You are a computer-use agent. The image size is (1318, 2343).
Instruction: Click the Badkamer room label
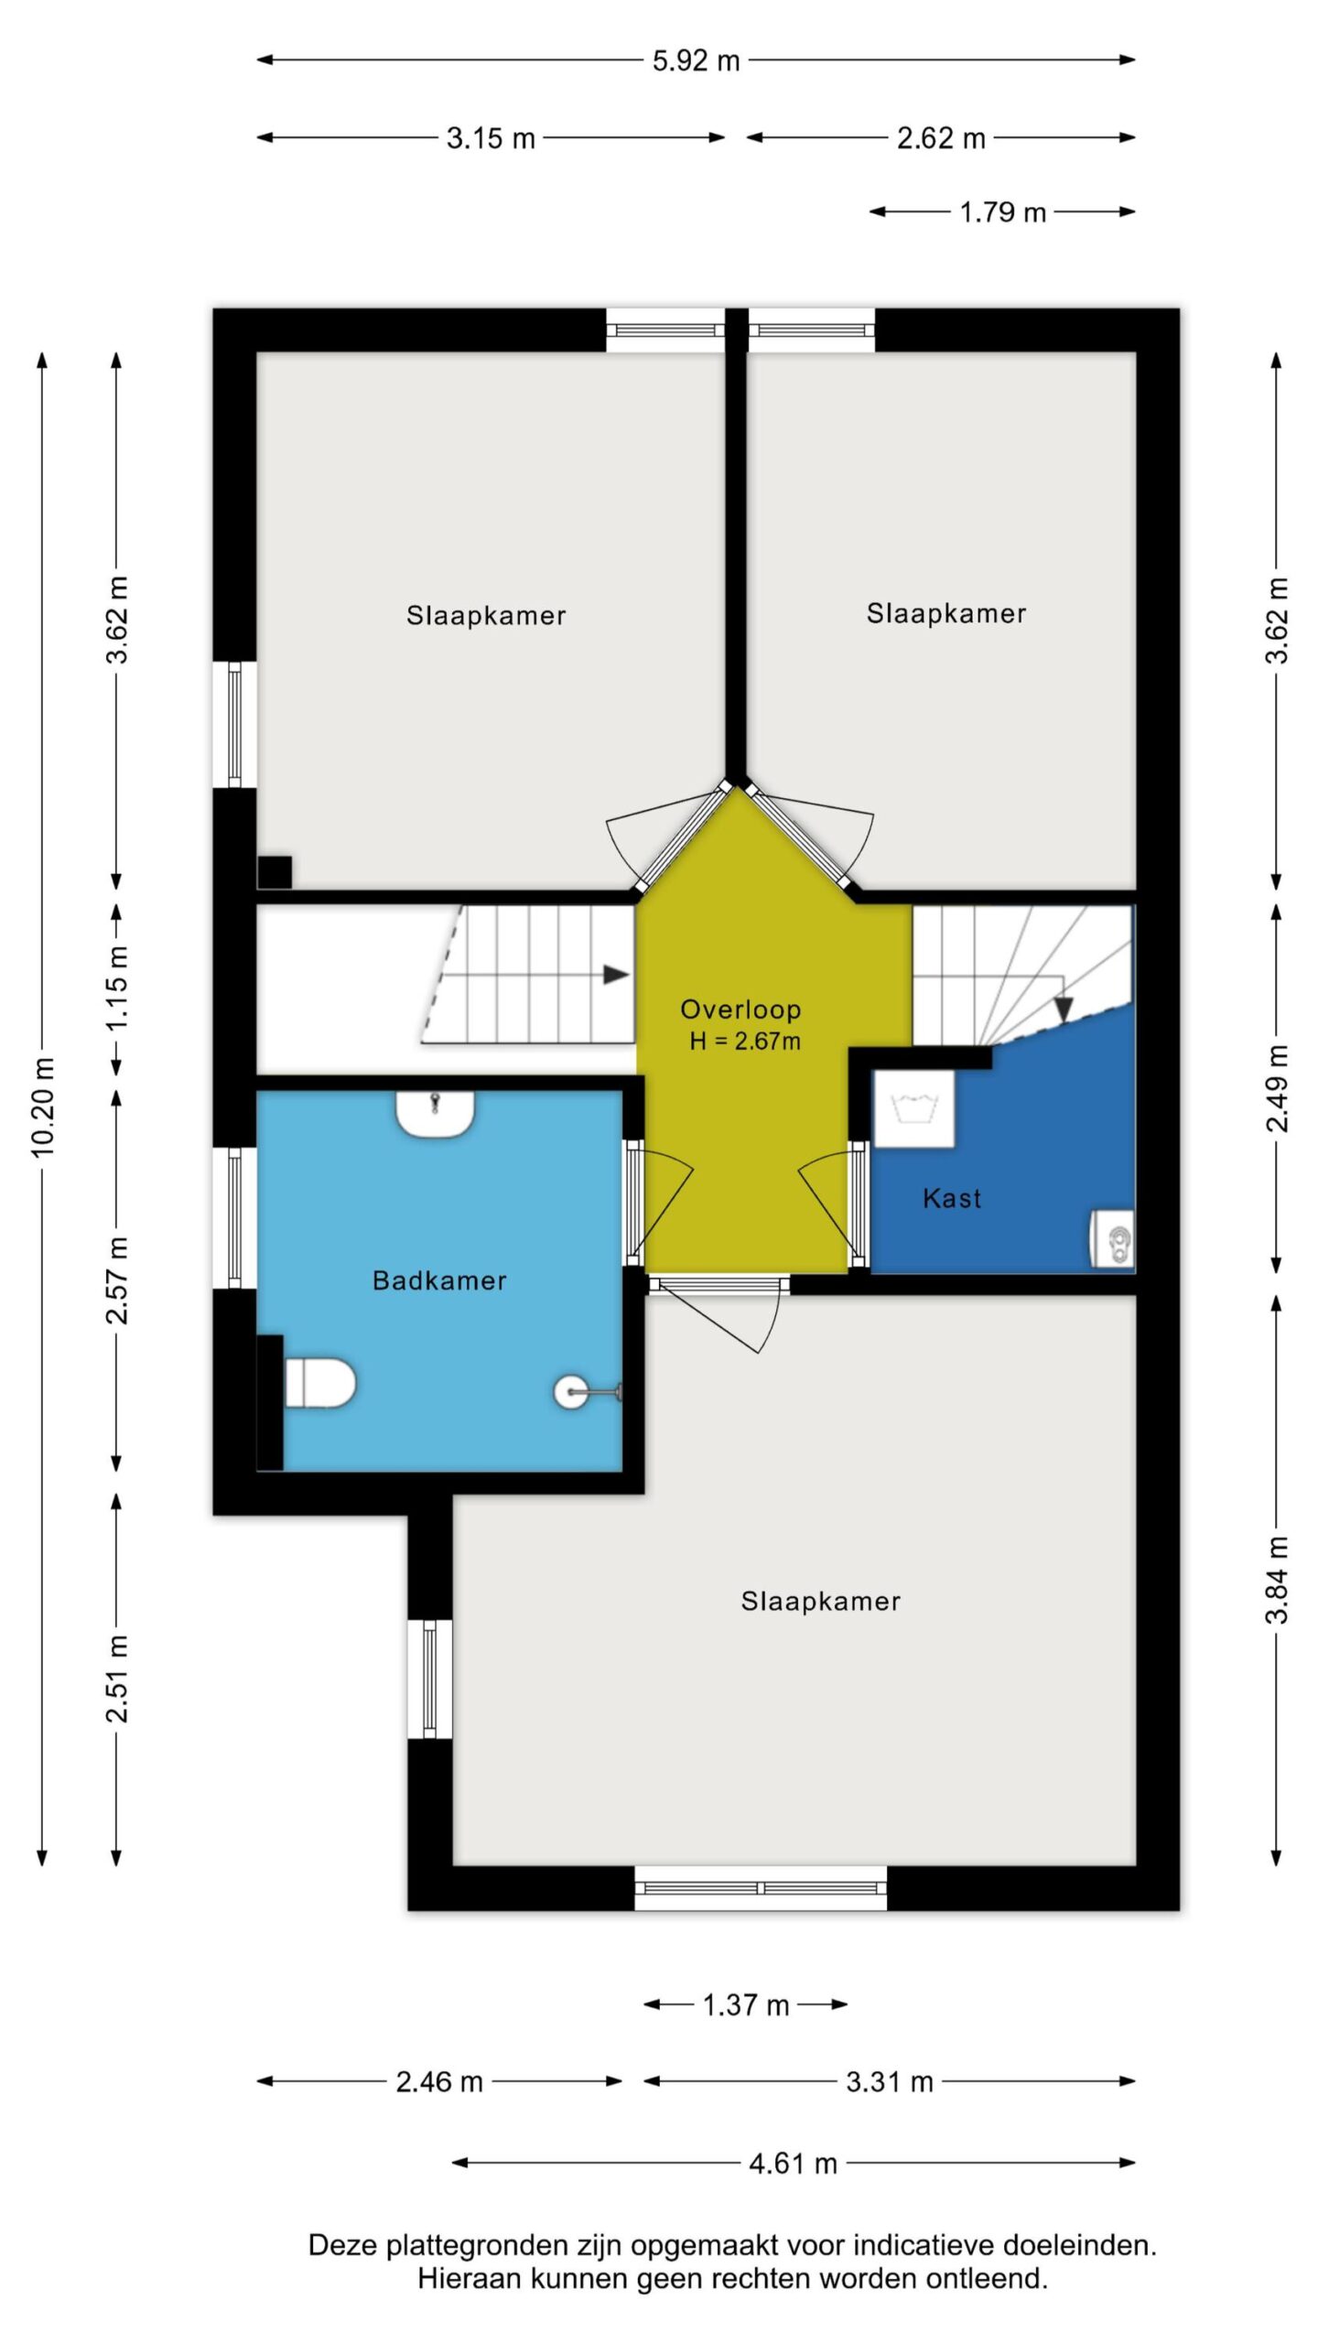439,1280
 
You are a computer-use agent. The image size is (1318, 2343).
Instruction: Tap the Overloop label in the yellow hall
740,1010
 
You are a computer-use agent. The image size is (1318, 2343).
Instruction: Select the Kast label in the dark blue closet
952,1198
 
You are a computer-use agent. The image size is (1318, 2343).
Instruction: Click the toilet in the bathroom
319,1382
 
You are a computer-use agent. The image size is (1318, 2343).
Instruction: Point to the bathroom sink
435,1113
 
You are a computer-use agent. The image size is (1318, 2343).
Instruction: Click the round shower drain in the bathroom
571,1392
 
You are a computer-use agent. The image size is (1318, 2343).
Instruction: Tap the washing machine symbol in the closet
913,1108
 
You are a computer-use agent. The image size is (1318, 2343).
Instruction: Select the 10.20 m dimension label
44,1107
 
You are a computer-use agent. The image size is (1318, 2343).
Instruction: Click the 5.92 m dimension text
696,60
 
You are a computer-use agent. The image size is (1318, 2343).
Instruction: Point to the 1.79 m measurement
1002,212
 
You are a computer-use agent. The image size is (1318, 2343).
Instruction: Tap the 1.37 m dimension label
745,2005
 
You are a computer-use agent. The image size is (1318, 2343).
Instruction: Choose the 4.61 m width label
793,2163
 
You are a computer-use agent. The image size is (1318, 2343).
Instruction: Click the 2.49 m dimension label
1277,1088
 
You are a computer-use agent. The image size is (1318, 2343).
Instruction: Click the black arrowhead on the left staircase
617,975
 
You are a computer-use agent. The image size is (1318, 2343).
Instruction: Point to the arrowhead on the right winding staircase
1063,1010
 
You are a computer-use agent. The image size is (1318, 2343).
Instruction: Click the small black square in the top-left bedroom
275,872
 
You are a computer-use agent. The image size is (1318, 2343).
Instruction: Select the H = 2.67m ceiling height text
745,1042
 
